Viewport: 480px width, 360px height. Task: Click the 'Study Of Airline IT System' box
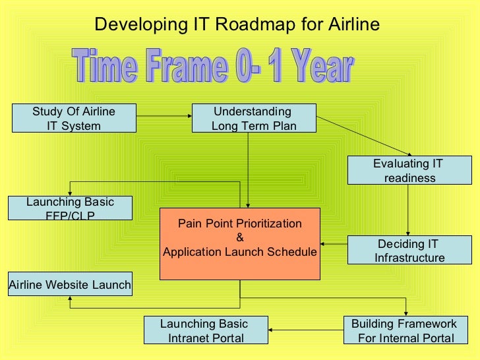[x=74, y=119]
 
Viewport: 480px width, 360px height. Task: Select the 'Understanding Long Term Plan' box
[x=254, y=119]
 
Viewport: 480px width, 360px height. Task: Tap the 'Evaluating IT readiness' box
[x=409, y=171]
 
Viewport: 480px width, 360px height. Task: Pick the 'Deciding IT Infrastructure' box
[x=409, y=251]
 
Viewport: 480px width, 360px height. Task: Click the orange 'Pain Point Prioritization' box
[x=240, y=243]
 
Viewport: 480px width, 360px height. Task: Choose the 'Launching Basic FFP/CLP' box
[x=70, y=208]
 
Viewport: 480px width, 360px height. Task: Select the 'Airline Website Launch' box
[x=70, y=285]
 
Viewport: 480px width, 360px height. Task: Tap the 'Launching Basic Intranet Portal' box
[x=206, y=331]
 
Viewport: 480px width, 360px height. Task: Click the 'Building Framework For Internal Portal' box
[x=403, y=331]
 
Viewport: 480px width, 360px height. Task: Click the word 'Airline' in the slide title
[x=352, y=24]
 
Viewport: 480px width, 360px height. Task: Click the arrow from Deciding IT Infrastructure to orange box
[x=334, y=245]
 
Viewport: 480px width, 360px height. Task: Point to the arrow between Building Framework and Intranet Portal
[x=306, y=330]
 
